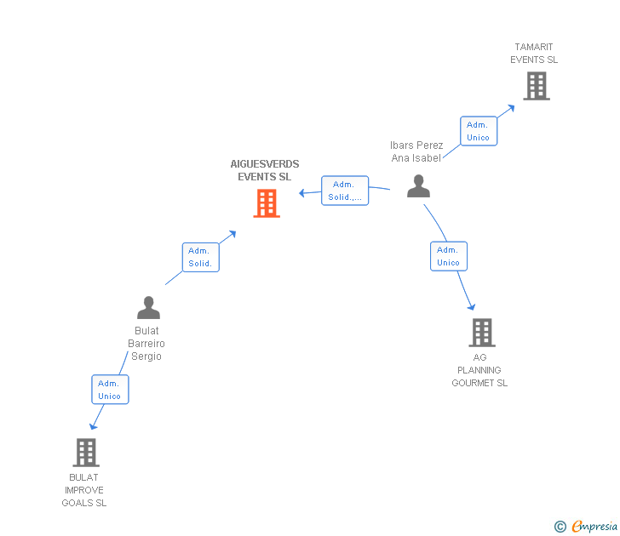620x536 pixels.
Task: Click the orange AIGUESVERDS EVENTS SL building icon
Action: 267,203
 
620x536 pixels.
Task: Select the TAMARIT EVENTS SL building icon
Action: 536,86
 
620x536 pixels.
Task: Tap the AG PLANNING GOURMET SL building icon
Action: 481,333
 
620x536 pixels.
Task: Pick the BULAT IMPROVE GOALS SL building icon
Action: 85,453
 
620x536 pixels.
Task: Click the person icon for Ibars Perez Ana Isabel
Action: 418,186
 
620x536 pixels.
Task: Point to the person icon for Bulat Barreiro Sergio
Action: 148,307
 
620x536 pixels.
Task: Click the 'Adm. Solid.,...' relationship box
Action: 345,191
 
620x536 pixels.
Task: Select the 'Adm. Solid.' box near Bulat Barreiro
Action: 200,257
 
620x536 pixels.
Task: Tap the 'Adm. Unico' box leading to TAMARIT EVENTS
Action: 478,131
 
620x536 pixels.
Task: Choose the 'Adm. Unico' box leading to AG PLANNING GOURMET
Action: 448,256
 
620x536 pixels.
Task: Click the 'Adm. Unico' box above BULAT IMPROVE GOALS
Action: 110,390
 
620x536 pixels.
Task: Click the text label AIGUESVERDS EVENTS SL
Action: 264,170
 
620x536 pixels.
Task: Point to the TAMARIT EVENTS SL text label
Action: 534,54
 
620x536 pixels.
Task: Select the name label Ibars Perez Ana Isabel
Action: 416,151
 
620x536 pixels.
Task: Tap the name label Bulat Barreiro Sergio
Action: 146,344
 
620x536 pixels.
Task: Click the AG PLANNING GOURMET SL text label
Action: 479,370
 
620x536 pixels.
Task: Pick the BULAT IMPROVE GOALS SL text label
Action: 84,490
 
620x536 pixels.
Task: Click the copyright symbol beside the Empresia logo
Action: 560,527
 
